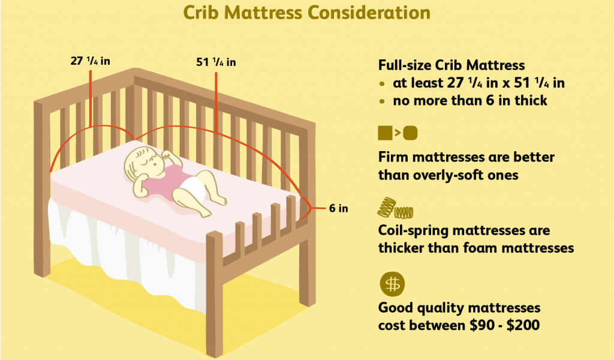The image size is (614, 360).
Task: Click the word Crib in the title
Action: click(x=202, y=13)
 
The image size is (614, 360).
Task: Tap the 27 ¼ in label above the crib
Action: click(x=90, y=61)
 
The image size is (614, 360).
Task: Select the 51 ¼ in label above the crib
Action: click(x=216, y=62)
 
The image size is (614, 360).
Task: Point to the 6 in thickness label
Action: click(x=338, y=208)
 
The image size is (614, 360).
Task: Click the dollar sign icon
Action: click(x=392, y=284)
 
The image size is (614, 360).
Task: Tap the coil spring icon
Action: click(x=395, y=208)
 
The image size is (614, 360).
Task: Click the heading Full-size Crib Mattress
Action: click(x=452, y=65)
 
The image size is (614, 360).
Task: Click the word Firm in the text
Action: click(x=393, y=157)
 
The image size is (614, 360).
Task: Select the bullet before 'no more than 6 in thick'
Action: click(x=382, y=101)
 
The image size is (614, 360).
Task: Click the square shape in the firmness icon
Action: click(x=386, y=133)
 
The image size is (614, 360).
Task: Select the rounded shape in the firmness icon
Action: click(x=410, y=133)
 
